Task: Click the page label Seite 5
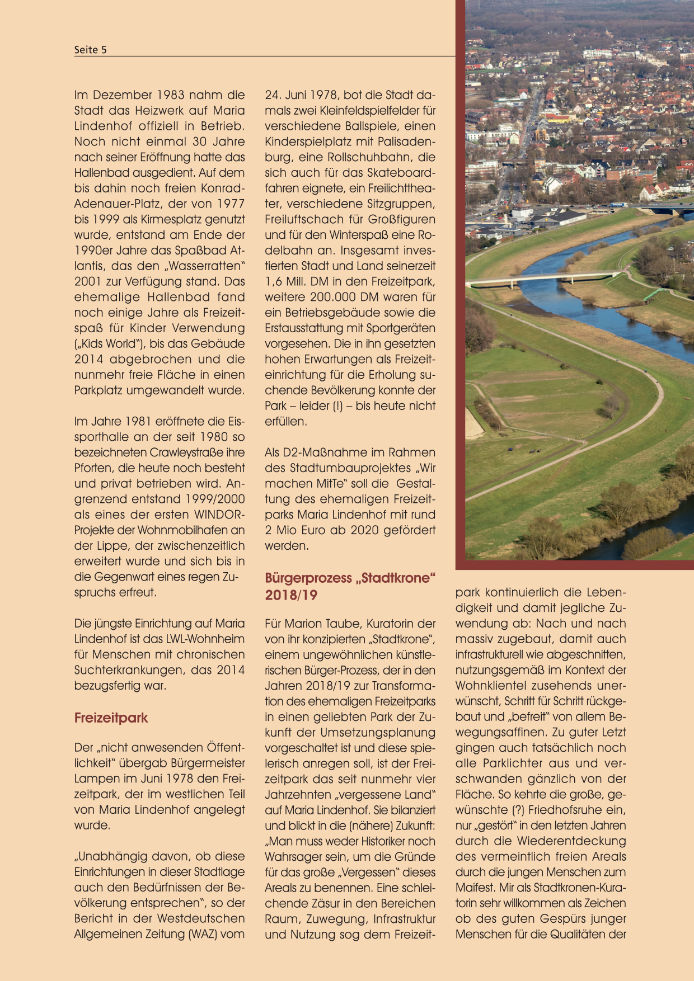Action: (x=90, y=50)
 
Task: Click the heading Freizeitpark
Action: (x=111, y=718)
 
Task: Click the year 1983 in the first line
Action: (x=169, y=95)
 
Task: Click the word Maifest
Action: (x=474, y=887)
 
